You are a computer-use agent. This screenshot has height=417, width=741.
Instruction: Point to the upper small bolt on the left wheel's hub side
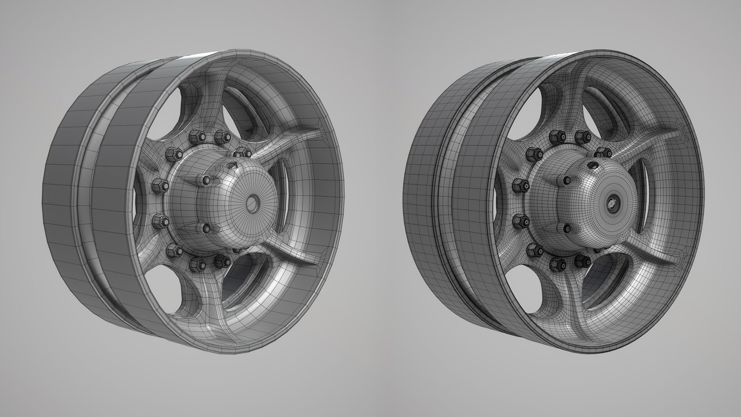pos(205,180)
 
